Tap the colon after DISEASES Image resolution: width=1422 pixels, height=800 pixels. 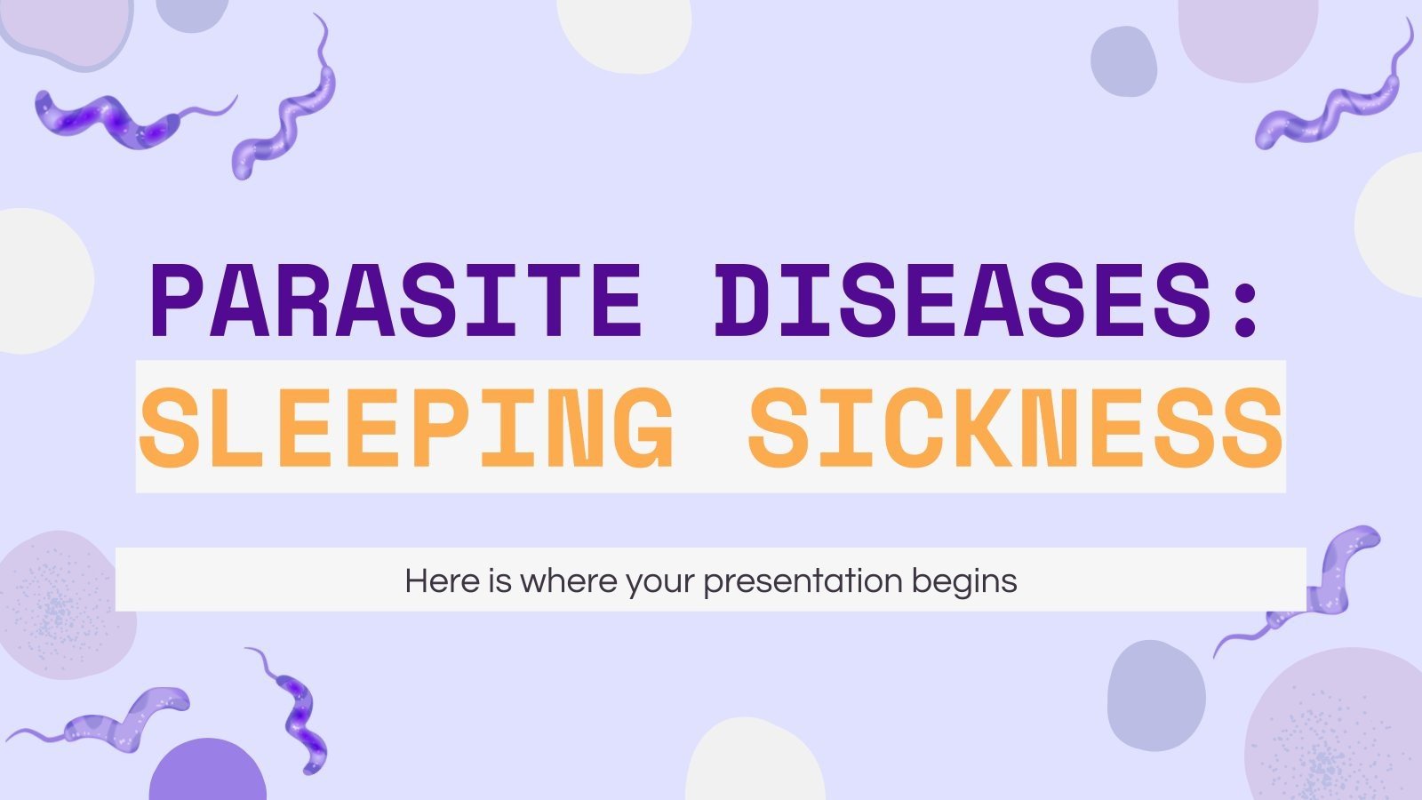pos(1245,302)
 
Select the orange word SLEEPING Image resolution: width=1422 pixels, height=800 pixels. pos(406,428)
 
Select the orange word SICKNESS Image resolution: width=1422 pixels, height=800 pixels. pos(1015,428)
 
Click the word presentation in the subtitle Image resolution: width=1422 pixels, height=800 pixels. pos(803,581)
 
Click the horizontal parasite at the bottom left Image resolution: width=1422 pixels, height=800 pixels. pos(116,716)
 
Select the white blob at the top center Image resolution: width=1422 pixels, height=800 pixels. pos(624,31)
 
